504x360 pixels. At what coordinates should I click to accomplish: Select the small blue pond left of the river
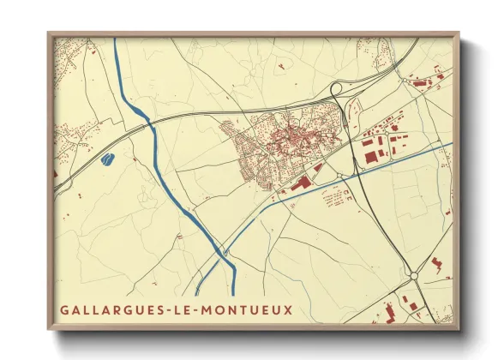107,159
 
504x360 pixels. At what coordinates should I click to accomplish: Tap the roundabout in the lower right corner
414,276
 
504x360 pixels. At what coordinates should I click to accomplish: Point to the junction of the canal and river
221,251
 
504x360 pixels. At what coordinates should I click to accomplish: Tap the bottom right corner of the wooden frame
458,329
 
